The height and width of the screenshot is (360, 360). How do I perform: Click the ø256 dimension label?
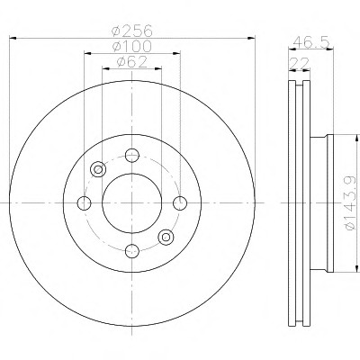pyautogui.click(x=131, y=31)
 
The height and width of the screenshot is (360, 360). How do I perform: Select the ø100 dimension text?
pyautogui.click(x=131, y=46)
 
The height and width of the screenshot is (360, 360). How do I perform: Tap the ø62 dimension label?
pyautogui.click(x=131, y=62)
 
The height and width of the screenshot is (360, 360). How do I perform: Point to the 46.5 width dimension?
pyautogui.click(x=311, y=41)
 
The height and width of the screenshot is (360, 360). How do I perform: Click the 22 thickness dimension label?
pyautogui.click(x=300, y=64)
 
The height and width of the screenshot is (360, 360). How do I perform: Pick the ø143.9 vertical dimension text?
pyautogui.click(x=350, y=203)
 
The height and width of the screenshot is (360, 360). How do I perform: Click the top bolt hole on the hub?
pyautogui.click(x=132, y=156)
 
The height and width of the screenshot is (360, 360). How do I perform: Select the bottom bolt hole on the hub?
pyautogui.click(x=132, y=251)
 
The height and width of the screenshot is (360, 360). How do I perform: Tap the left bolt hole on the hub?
pyautogui.click(x=84, y=203)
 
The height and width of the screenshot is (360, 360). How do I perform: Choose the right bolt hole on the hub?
pyautogui.click(x=180, y=203)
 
